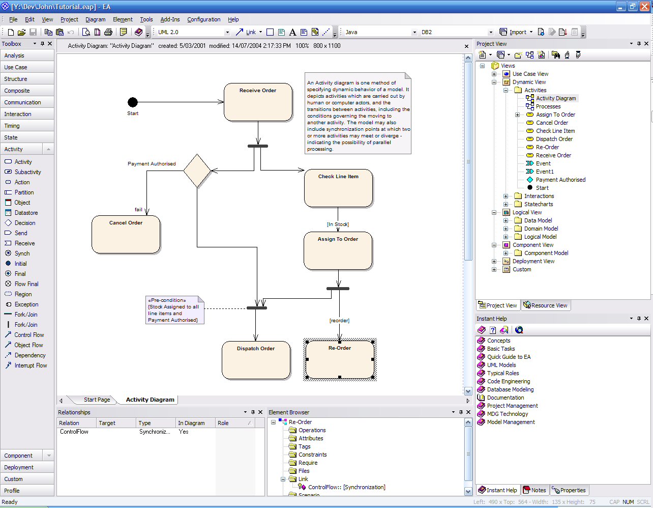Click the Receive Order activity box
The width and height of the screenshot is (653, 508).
point(258,102)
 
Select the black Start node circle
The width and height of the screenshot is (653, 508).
point(133,102)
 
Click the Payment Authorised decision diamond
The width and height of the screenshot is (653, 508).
point(197,171)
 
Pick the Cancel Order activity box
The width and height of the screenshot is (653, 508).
point(126,234)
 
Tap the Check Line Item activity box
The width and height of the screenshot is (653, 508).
point(338,188)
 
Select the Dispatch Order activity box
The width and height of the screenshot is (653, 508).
point(256,360)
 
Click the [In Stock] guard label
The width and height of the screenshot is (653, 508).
point(338,224)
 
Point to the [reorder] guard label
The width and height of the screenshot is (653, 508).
point(339,321)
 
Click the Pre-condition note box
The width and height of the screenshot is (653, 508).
point(174,310)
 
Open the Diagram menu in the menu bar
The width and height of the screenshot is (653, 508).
point(95,19)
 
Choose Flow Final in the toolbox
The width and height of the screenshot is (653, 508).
point(26,284)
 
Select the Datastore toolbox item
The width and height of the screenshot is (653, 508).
point(26,213)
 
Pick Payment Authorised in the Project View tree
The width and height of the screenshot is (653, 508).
point(560,180)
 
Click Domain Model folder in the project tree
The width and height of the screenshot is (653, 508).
point(541,229)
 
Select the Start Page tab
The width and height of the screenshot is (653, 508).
point(97,400)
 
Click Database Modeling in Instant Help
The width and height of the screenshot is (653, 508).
point(510,389)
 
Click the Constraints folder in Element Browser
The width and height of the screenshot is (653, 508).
point(312,455)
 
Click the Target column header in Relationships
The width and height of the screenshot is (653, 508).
point(107,423)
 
